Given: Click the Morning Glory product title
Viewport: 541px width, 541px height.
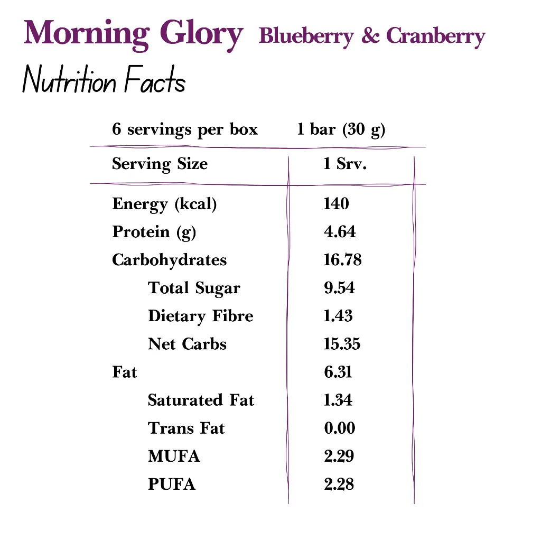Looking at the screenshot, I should (133, 34).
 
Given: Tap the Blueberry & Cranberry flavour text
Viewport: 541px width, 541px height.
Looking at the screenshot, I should (371, 36).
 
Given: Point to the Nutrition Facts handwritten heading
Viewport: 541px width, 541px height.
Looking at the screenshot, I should (104, 82).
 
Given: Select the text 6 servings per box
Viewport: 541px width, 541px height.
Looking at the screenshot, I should (185, 129).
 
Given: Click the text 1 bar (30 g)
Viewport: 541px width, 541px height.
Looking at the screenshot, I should (341, 129).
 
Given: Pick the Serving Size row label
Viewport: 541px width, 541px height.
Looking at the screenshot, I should (160, 164).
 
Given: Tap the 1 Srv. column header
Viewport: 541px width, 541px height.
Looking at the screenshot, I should (345, 164).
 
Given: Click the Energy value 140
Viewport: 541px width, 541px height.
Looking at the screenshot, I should (336, 203).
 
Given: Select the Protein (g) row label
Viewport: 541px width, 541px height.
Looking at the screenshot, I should (154, 232).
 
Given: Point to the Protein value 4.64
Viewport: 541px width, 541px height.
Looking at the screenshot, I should (340, 232).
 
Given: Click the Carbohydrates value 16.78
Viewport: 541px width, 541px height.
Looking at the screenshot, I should (342, 260).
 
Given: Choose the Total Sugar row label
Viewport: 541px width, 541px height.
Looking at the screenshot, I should (194, 288).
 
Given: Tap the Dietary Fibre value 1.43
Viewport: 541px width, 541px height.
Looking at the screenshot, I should (338, 316).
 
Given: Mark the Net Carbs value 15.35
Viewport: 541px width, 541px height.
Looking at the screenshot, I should (342, 344).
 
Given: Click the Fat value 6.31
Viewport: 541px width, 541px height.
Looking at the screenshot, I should (338, 372).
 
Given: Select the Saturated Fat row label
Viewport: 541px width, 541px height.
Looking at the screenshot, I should (201, 400).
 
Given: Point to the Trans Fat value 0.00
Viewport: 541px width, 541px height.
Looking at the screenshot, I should (340, 428).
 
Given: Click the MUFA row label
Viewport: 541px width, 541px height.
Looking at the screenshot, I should (174, 456).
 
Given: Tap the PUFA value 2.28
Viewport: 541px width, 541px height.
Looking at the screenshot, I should (339, 484).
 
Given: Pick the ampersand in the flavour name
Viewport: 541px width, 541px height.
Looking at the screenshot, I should (370, 36).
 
